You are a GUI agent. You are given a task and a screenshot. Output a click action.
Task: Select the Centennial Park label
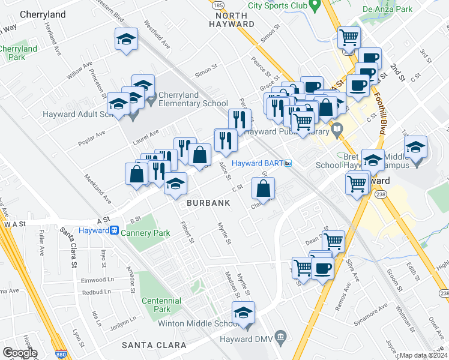pyautogui.click(x=161, y=304)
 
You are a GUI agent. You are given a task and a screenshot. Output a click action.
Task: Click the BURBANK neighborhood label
pyautogui.click(x=208, y=203)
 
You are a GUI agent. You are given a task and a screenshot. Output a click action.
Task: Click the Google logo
pyautogui.click(x=20, y=352)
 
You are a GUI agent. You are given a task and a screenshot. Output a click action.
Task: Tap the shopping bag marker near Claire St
pyautogui.click(x=264, y=188)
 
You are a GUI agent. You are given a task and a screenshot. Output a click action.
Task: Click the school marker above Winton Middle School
pyautogui.click(x=243, y=313)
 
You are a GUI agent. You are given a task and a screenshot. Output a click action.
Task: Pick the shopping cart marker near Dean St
pyautogui.click(x=333, y=241)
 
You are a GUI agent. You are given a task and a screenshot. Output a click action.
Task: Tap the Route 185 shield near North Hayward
pyautogui.click(x=218, y=4)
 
